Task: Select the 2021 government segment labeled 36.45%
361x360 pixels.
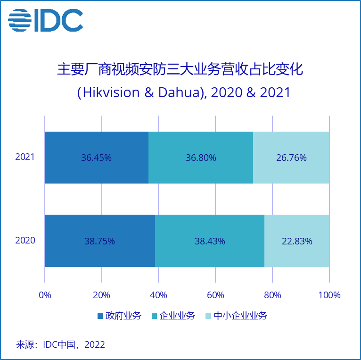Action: pos(97,158)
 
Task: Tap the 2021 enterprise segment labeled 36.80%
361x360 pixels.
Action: pos(201,158)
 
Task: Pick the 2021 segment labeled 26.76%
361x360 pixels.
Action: pos(291,158)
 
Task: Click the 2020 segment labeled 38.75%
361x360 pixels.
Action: pos(100,241)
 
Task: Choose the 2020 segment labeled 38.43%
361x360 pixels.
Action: pos(210,241)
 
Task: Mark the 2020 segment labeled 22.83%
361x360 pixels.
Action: pos(297,241)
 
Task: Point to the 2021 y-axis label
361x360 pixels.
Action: pos(25,157)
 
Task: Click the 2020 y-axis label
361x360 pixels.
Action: pos(25,241)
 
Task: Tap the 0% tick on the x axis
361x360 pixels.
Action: pos(45,295)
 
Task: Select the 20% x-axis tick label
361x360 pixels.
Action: pos(102,295)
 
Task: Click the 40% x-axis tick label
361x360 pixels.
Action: pos(158,295)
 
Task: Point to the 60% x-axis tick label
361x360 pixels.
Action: pos(215,295)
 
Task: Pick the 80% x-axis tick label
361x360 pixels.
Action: pos(272,295)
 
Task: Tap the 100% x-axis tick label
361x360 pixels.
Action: pos(329,295)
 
